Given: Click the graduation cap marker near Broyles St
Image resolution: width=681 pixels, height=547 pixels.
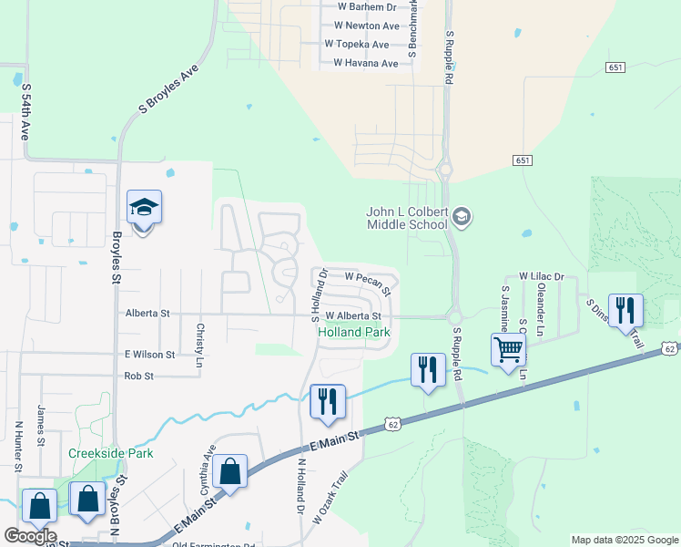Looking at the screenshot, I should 144,209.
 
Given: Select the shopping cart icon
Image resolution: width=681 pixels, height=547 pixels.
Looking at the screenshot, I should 508,349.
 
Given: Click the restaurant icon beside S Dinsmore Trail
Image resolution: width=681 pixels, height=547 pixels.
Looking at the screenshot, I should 625,310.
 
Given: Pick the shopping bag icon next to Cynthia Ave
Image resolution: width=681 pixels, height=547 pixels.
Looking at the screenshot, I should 229,472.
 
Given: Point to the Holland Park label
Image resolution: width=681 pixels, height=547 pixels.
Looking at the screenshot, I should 353,333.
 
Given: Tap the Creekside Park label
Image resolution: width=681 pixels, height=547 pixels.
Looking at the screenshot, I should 110,453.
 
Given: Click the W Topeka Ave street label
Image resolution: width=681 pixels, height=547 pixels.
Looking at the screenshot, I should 356,44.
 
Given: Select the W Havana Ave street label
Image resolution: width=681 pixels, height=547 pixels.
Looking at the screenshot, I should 365,63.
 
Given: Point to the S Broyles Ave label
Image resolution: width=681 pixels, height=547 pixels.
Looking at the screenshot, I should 168,88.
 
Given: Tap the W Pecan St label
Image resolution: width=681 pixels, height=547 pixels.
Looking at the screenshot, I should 369,281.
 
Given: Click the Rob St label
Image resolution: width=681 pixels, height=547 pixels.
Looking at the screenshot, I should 138,376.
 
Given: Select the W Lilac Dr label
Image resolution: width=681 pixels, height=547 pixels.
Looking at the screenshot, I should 542,275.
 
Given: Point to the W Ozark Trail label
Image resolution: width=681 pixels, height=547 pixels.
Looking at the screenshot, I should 330,498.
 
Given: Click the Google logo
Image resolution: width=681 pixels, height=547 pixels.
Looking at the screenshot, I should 30,536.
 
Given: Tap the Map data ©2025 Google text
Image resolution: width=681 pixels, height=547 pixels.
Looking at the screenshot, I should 624,540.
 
